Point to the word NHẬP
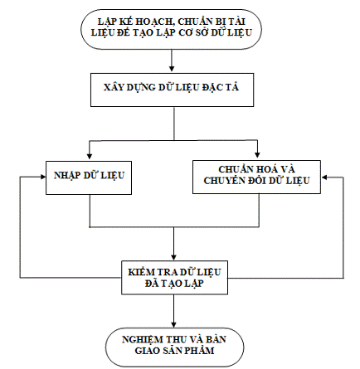66,176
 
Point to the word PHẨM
199,350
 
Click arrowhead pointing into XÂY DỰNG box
172,69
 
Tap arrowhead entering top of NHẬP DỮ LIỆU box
89,156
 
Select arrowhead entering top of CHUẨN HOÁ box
257,155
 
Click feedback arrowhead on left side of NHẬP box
43,177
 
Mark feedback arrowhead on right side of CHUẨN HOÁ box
324,177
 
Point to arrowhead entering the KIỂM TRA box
173,256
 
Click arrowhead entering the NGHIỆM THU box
173,324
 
